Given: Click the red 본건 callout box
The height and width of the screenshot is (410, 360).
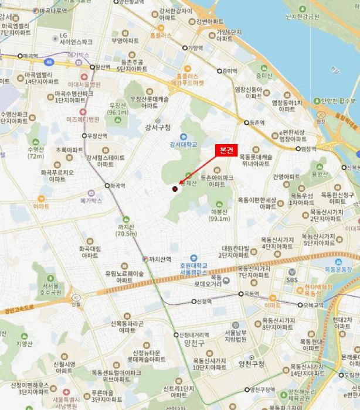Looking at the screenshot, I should click(x=226, y=151).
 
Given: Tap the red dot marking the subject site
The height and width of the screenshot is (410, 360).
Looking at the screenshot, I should click(x=175, y=189).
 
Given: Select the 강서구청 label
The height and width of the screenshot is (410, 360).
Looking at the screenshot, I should click(x=158, y=127).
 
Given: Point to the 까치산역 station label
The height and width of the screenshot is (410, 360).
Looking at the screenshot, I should click(x=159, y=259).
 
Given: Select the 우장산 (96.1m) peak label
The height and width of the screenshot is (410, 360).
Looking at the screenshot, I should click(x=118, y=109).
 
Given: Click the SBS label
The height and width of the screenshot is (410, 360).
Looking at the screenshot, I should click(x=292, y=280).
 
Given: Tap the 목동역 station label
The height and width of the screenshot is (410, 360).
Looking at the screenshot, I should click(x=252, y=293).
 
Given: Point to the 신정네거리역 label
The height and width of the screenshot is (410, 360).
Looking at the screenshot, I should click(x=194, y=334).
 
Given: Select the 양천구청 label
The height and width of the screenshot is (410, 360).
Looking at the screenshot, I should click(x=252, y=364).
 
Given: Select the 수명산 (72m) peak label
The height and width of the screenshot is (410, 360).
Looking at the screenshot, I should click(x=36, y=153).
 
